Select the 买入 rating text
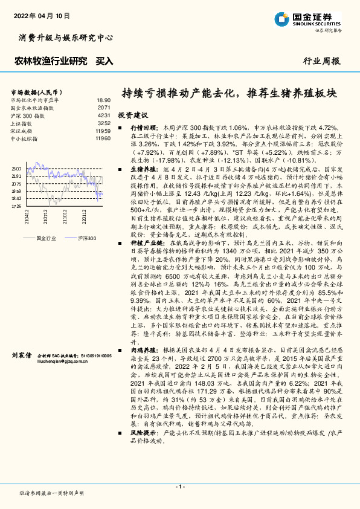104,61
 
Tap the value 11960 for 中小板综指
103,138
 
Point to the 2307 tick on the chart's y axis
16,169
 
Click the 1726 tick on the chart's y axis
16,206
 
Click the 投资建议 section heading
132,114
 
